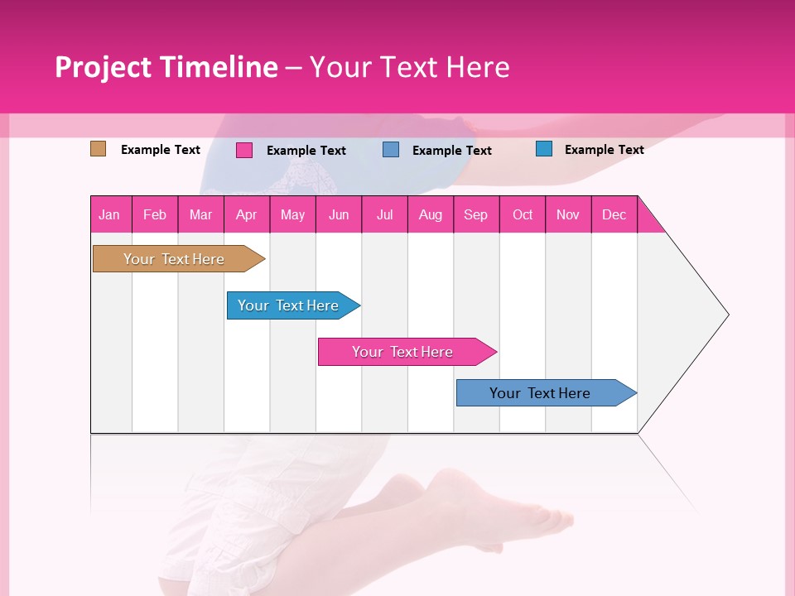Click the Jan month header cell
[110, 214]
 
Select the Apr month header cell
[247, 214]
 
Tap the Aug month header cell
[431, 214]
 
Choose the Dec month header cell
[614, 214]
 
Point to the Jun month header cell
[339, 214]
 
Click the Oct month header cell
[523, 214]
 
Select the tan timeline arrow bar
[174, 259]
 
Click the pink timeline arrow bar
[402, 352]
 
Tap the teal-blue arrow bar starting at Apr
[288, 305]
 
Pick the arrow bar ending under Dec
[540, 393]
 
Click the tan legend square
[98, 149]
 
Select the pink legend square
[244, 150]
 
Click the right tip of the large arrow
[725, 315]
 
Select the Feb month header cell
[155, 214]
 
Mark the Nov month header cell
[568, 214]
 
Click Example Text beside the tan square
[161, 150]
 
